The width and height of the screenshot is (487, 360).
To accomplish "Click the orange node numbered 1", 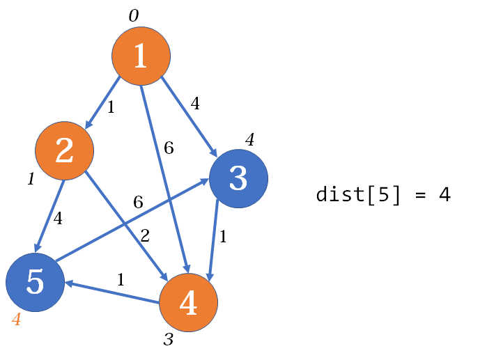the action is (141, 56).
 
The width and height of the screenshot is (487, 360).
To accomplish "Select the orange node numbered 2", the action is (64, 150).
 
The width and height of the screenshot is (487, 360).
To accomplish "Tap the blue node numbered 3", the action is (238, 178).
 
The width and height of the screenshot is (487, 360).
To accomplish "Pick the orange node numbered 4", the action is (189, 303).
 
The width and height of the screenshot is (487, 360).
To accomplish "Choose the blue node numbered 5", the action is (35, 282).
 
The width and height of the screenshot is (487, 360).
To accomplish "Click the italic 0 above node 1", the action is (134, 15).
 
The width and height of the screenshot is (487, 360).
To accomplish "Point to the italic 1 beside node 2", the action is (31, 179).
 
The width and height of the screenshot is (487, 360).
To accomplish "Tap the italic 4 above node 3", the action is (249, 139).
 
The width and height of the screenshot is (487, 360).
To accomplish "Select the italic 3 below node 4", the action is (169, 339).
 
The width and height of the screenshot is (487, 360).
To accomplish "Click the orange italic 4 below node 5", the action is (17, 319).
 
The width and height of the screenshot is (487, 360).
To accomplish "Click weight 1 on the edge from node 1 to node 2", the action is (111, 107).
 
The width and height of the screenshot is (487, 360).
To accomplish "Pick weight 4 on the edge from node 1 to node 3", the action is (195, 103).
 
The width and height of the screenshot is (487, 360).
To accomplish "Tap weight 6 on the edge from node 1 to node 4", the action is (169, 148).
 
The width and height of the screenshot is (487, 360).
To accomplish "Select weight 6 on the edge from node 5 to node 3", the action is (138, 202).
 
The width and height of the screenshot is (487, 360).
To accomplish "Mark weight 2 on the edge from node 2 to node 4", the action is (145, 236).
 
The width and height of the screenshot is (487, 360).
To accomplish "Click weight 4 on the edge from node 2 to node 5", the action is (58, 218).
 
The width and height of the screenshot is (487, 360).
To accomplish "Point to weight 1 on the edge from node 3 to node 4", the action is (223, 237).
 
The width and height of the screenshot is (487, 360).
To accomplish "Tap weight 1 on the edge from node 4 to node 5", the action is (121, 280).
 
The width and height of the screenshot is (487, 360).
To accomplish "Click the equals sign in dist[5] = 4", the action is (421, 196).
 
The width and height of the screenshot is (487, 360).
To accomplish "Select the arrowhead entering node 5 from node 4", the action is (69, 283).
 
